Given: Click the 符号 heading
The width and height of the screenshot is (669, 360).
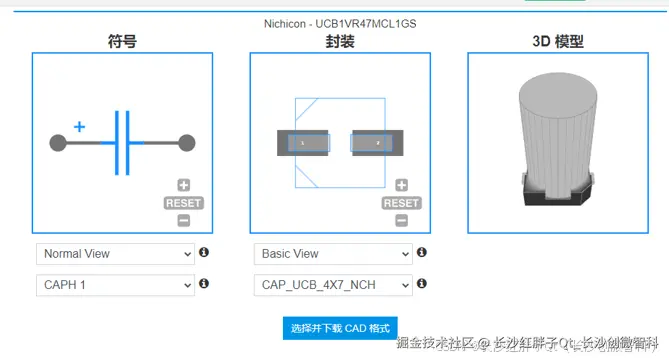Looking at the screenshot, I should [122, 41].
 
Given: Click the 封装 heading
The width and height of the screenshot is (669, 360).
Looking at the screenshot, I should [340, 41].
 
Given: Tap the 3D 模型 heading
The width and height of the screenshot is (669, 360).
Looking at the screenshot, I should [558, 41].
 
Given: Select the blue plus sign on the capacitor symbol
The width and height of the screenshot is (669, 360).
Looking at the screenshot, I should [80, 127].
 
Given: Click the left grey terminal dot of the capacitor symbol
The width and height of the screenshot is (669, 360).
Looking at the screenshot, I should [58, 144].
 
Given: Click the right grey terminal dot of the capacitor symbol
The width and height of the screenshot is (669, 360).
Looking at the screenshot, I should [186, 144].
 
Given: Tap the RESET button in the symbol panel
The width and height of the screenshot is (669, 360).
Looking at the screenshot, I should [183, 203].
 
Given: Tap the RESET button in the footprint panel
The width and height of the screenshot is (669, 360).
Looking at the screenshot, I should [401, 203].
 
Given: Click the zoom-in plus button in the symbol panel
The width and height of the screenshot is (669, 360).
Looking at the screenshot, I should [183, 185].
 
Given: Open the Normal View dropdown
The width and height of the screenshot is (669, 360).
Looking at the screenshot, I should [114, 254].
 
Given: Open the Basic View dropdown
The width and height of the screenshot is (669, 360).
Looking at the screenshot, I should [332, 254].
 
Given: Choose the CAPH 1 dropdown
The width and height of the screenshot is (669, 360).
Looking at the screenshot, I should [114, 285].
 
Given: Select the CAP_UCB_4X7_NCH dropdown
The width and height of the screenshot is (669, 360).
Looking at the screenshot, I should [332, 285].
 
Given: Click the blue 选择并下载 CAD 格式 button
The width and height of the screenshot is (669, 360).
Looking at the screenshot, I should [341, 328].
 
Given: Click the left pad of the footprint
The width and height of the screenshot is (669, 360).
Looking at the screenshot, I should [303, 144].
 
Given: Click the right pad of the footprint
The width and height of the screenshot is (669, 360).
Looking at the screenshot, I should [377, 144].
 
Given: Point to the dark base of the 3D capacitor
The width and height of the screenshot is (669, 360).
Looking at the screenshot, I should [559, 195].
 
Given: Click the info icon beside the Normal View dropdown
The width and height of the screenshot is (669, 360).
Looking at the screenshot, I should [204, 253].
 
